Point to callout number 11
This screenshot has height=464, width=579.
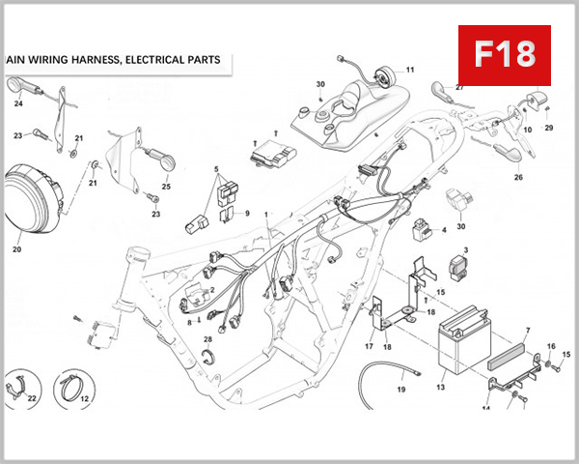409,70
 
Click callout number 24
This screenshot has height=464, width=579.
18,103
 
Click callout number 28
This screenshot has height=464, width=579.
207,339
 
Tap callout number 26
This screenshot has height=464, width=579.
518,178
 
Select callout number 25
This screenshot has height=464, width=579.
166,187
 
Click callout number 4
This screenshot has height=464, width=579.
443,230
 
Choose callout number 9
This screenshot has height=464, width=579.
246,214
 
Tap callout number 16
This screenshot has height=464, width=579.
551,345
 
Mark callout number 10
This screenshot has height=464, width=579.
528,130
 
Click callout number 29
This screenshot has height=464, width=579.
549,128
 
